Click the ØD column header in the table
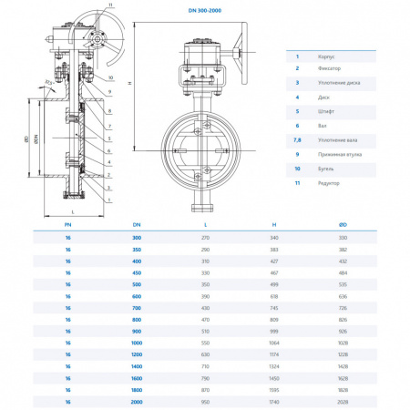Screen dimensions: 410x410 tap(342, 222)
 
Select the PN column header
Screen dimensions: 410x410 tap(67, 222)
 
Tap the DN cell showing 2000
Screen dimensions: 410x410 tap(138, 400)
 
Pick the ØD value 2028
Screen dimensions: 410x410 tap(342, 400)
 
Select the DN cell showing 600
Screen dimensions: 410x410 tap(138, 296)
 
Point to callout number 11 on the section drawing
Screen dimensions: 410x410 tap(111, 5)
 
